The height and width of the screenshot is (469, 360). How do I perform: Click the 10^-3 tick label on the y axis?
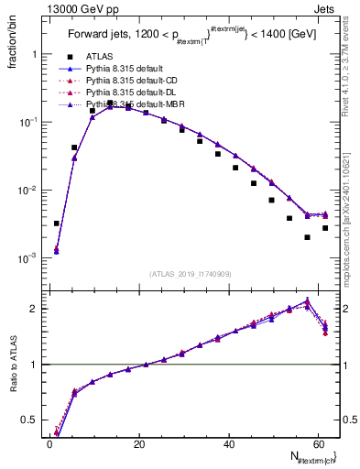coord(27,258)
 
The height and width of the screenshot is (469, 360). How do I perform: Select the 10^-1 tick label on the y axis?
coord(27,122)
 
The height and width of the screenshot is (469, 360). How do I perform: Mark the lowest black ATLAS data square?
coord(307,237)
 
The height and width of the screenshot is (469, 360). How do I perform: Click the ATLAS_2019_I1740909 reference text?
coord(190,273)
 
